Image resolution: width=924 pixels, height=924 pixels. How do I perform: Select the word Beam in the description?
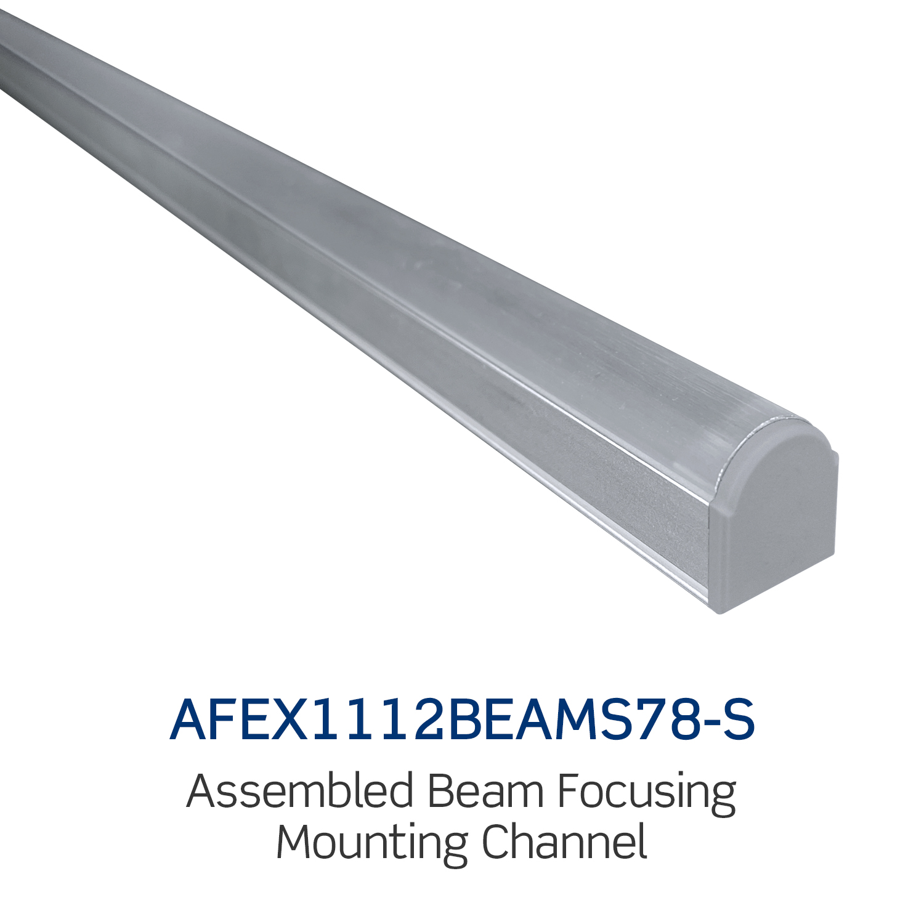[x=486, y=792]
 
